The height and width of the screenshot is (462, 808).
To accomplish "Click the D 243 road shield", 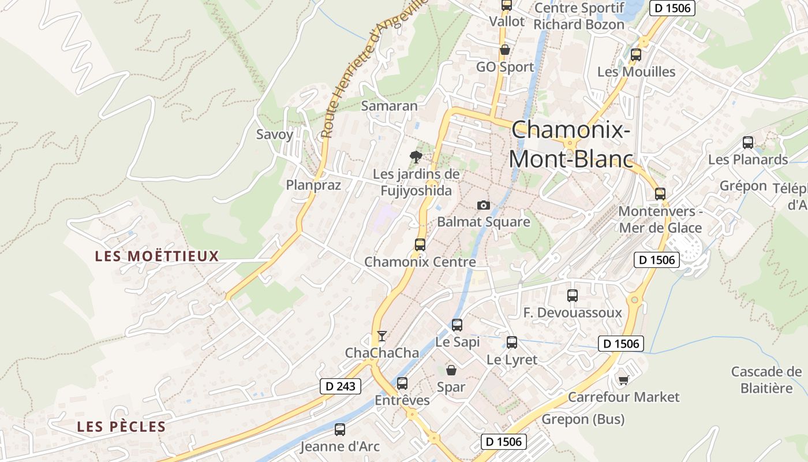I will [341, 386].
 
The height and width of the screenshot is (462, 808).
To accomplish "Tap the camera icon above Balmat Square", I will [484, 205].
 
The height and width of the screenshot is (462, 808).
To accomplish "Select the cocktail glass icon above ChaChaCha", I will [381, 336].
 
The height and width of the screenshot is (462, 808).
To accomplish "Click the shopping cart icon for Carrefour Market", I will [623, 380].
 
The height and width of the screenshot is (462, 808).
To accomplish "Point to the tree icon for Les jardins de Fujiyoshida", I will [416, 157].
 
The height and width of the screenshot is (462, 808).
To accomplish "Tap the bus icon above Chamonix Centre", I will [420, 244].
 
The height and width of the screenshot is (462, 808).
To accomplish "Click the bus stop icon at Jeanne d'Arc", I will [340, 430].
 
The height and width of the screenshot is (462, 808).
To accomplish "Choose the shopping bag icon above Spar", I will [451, 370].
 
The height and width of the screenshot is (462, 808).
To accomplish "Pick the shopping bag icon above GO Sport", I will [505, 50].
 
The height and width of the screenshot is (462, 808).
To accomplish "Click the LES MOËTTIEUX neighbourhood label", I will [157, 256].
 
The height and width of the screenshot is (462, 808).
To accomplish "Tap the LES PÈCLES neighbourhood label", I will [121, 427].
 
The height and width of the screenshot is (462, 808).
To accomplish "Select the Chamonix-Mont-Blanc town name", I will [570, 144].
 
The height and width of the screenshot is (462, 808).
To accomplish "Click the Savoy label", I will [275, 135].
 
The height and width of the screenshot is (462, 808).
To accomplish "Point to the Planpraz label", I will [313, 185].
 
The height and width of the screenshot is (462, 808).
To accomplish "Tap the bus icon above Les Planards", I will [748, 142].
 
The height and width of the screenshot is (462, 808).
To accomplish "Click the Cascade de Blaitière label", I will [766, 379].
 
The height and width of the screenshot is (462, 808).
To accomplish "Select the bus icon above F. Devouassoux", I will [573, 296].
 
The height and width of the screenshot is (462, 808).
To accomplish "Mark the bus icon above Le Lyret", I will [512, 342].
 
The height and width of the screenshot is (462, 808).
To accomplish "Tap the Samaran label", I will [389, 106].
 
